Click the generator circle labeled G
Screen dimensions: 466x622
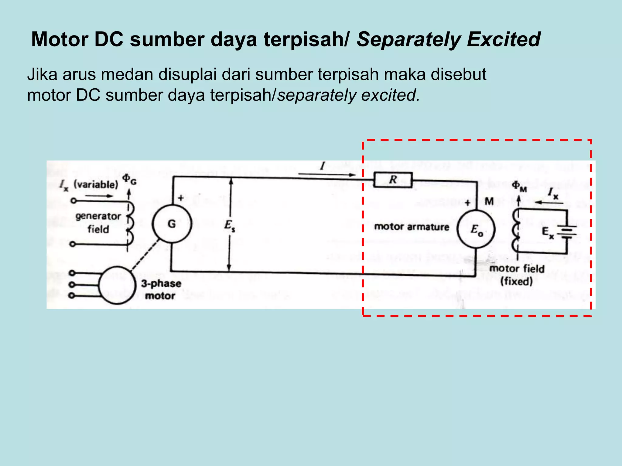(x=172, y=224)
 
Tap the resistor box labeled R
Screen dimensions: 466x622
(x=393, y=180)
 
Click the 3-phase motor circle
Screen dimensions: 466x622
(x=117, y=285)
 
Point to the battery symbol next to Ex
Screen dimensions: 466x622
(x=566, y=233)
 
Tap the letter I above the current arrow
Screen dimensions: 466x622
(x=323, y=166)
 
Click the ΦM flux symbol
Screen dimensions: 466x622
(x=519, y=186)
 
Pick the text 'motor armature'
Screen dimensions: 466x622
(x=412, y=227)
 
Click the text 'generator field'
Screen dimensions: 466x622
(x=98, y=222)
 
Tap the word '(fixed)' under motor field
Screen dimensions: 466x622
(x=516, y=281)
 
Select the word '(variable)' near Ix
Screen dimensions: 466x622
(x=96, y=184)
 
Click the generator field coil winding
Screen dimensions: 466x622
(x=130, y=223)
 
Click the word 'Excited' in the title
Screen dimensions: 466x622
(x=504, y=39)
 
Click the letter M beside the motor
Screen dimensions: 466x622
(x=489, y=201)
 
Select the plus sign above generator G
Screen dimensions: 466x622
(x=181, y=198)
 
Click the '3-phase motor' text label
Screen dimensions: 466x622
(x=161, y=289)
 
